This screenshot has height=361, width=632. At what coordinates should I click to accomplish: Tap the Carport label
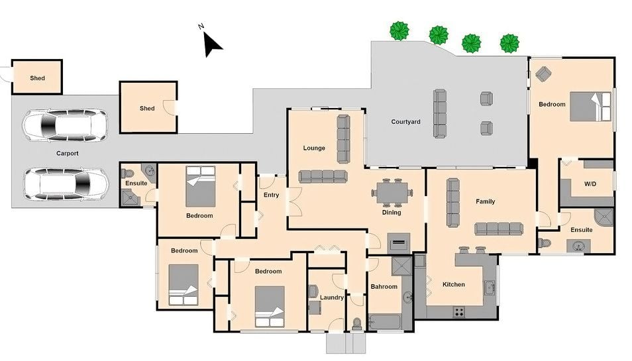pos(68,154)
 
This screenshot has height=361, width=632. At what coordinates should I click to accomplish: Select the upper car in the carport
pos(65,125)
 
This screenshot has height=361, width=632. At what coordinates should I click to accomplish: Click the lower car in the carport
pos(66,183)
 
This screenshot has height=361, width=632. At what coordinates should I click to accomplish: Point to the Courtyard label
pos(405,122)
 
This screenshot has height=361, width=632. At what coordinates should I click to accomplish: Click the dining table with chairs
pos(392,193)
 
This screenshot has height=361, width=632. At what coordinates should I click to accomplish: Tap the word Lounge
pos(314,148)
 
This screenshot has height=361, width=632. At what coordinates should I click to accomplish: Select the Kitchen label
pos(453,284)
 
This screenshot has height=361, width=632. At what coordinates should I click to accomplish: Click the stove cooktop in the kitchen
pos(458,311)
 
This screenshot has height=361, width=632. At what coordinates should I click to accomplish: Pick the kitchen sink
pos(490,287)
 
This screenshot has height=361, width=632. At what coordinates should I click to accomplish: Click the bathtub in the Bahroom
pos(385,323)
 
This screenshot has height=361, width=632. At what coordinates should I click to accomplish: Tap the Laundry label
pos(332,297)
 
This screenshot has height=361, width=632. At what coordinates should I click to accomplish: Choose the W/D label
pos(590,183)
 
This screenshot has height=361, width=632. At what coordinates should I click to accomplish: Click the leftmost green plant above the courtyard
pos(399,31)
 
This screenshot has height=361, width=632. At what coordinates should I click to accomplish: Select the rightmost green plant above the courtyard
pos(509,43)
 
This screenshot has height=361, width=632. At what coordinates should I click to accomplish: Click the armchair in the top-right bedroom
pos(543,74)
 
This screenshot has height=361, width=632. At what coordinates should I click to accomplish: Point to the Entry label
pos(271,195)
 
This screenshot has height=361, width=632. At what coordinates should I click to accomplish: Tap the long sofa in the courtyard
pos(440,114)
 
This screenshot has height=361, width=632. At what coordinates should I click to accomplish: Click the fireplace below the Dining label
pos(399,242)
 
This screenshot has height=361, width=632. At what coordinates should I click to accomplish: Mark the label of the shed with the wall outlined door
pos(147,109)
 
